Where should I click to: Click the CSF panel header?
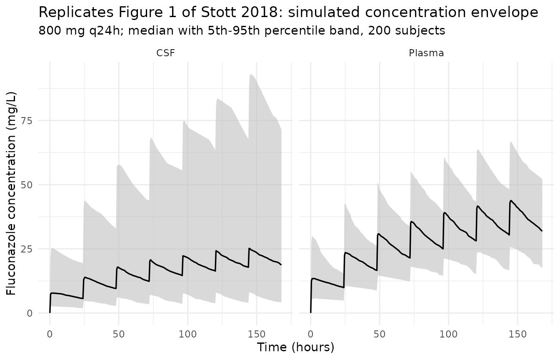coord(165,53)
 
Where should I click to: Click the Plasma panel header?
coord(426,53)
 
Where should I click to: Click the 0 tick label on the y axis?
coord(30,313)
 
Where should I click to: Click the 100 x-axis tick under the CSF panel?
coord(187,334)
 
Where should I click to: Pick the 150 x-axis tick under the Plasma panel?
coord(517,334)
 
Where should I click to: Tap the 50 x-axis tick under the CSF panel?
coord(119,334)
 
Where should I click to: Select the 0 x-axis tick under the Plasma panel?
coord(310,334)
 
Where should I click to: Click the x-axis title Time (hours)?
coord(295,347)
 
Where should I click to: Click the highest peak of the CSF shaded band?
coord(250,75)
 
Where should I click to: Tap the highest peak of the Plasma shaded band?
coord(511,142)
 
